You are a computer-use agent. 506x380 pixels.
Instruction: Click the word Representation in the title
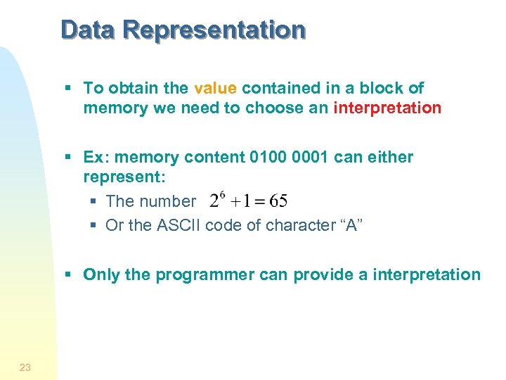214,30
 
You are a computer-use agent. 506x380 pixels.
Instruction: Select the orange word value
215,88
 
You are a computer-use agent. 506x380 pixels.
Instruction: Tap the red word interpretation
387,108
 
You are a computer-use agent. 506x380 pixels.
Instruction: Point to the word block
379,88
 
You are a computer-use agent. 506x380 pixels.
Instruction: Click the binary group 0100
266,157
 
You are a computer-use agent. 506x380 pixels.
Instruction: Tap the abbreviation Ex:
96,157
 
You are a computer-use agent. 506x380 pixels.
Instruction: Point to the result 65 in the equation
278,201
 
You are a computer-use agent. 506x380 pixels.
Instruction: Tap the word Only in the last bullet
101,274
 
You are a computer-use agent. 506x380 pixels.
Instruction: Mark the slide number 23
25,367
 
